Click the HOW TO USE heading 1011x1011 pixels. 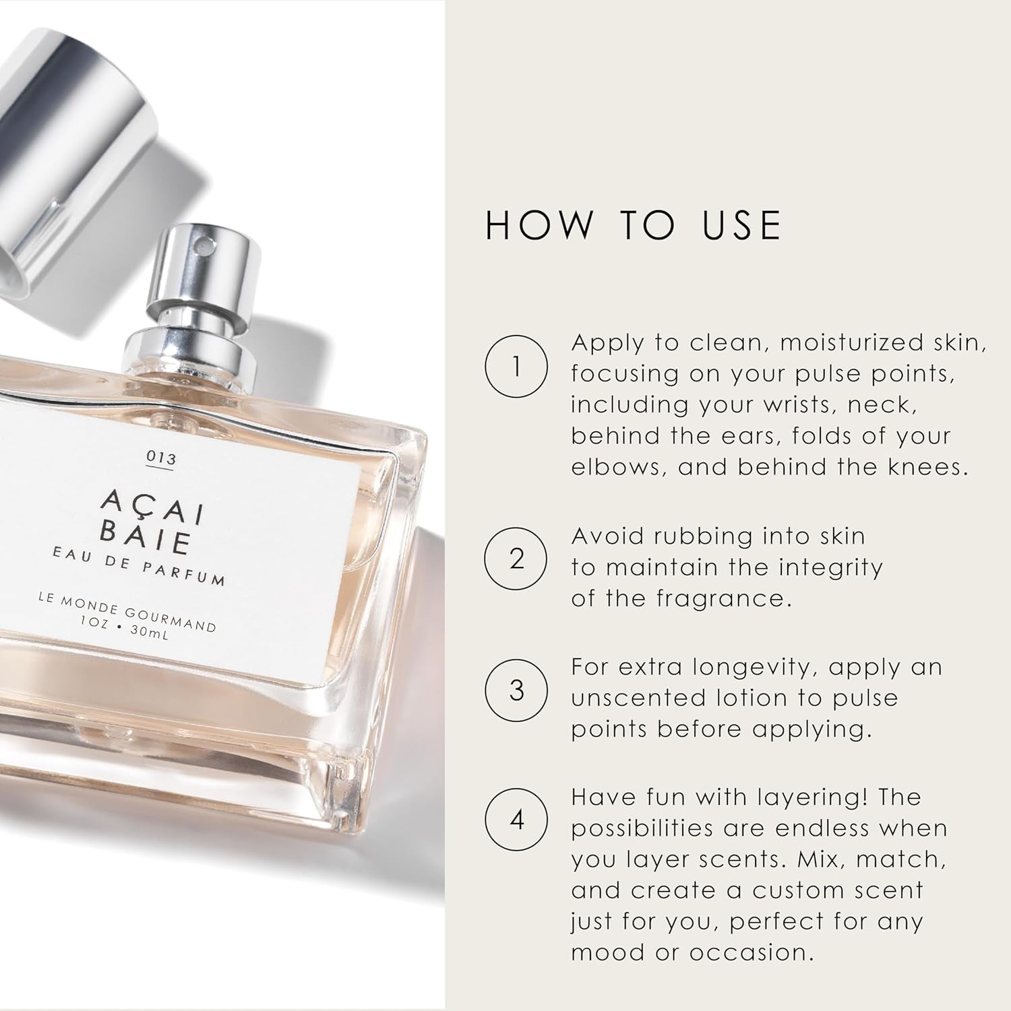click(633, 225)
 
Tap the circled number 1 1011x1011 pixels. click(516, 367)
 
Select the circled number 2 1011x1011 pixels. click(516, 559)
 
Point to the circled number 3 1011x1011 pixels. click(516, 690)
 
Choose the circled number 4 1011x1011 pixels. click(516, 820)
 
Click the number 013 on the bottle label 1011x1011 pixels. click(161, 458)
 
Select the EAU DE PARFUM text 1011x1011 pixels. click(139, 567)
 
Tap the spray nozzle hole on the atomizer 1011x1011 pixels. click(200, 250)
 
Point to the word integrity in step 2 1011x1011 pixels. click(830, 568)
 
